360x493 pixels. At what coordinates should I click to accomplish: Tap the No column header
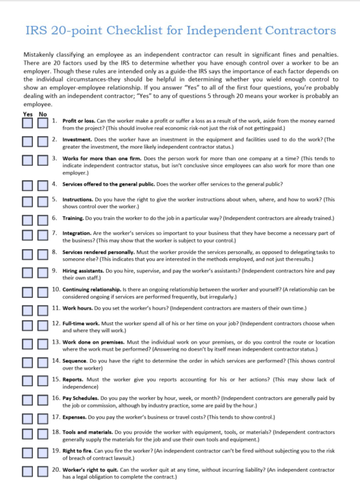click(43, 114)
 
